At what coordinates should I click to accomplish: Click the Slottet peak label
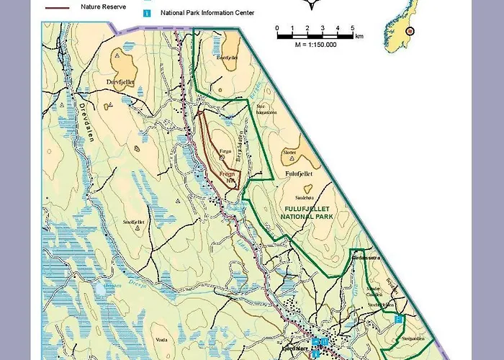(x=289, y=153)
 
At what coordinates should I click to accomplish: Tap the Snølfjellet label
(x=134, y=222)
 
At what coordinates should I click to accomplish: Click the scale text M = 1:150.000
(x=315, y=45)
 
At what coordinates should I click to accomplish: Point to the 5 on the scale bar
(x=353, y=28)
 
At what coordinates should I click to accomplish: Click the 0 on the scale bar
(x=277, y=28)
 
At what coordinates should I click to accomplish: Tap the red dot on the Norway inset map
(x=410, y=31)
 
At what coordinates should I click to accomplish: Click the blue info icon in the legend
(x=146, y=13)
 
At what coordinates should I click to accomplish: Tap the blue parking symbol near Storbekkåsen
(x=398, y=318)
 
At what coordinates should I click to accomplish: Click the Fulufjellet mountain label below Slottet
(x=297, y=174)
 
